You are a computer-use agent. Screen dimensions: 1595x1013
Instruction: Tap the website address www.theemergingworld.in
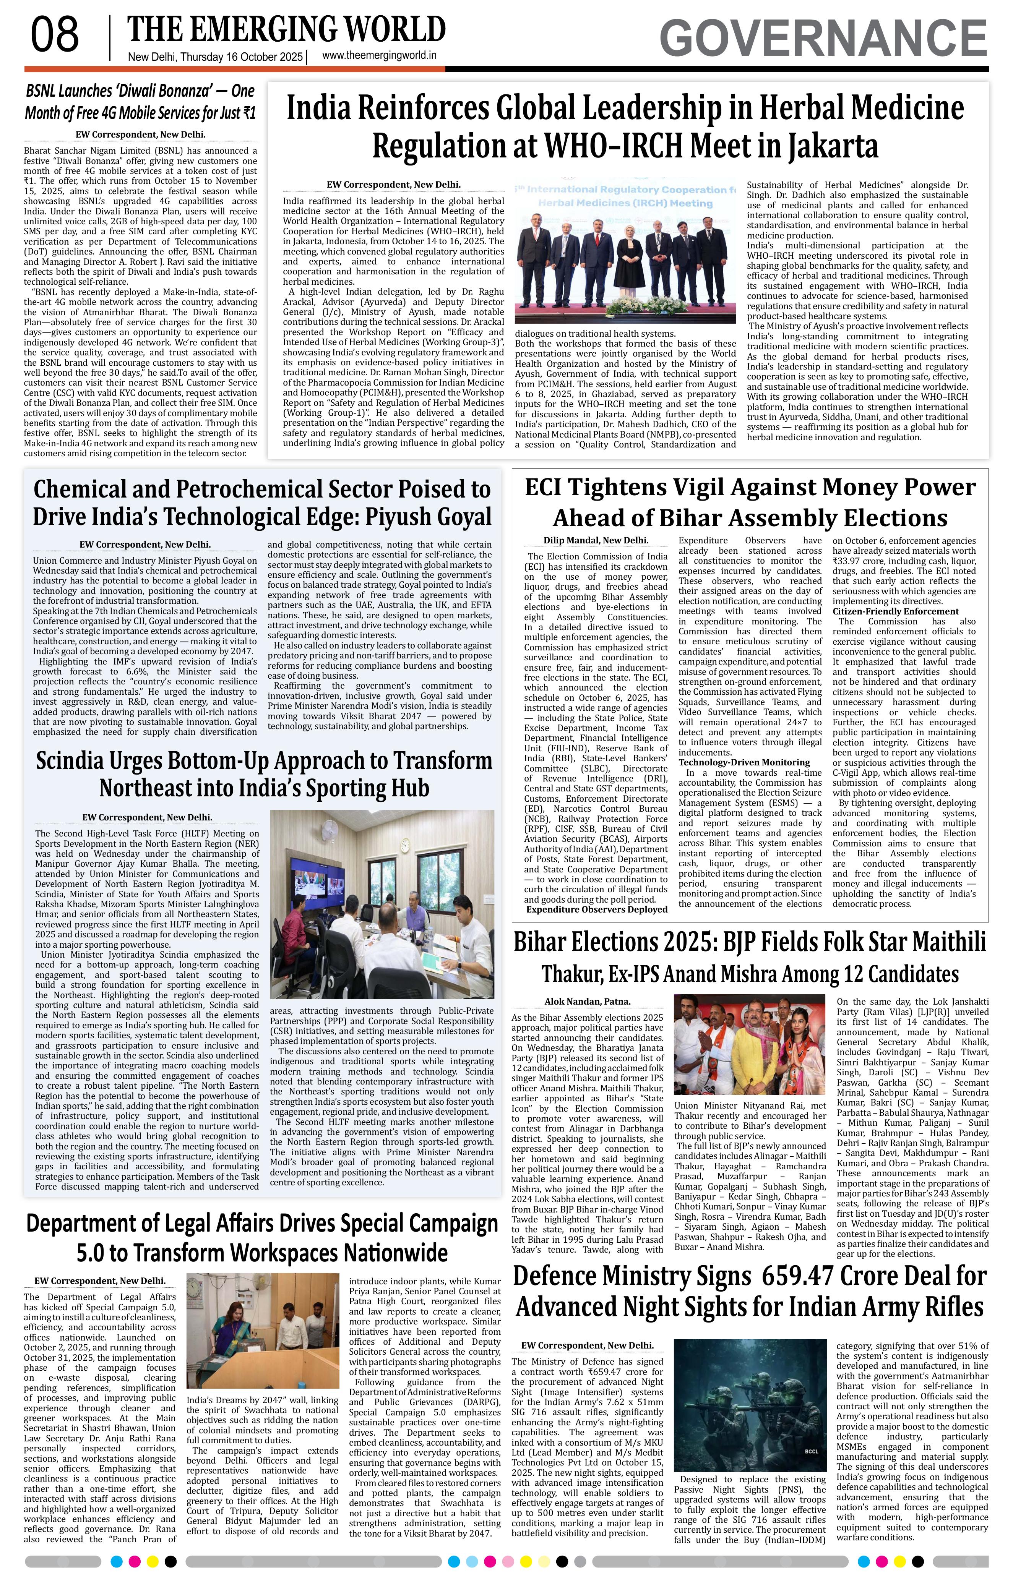pos(379,56)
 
